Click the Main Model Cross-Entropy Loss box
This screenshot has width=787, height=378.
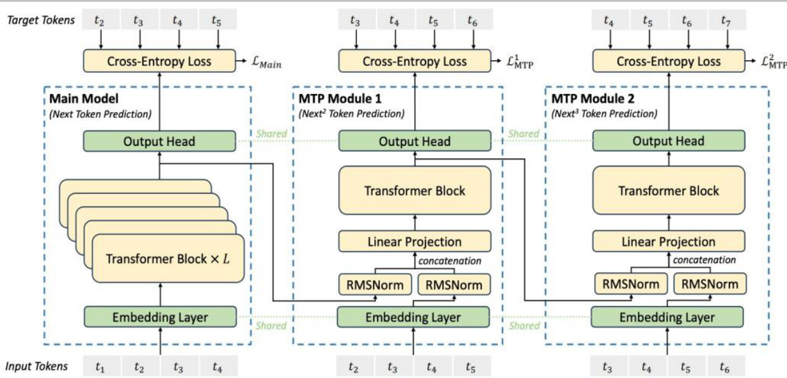[159, 62]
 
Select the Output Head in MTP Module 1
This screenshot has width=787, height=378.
[415, 141]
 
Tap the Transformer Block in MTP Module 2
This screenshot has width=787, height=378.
[669, 191]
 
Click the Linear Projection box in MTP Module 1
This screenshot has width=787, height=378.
[415, 242]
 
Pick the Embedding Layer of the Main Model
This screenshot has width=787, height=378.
[160, 316]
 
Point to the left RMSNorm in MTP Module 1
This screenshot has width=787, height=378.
[374, 284]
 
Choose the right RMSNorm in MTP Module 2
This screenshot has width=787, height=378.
[710, 284]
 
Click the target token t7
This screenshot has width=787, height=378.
[726, 20]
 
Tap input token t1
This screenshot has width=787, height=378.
[100, 366]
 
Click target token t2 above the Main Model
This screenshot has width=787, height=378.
[100, 20]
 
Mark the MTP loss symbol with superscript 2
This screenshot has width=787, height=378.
[774, 62]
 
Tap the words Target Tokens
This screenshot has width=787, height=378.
[40, 20]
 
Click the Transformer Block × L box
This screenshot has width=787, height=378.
[169, 259]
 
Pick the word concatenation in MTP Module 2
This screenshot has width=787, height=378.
[703, 260]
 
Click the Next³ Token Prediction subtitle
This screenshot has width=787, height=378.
[604, 114]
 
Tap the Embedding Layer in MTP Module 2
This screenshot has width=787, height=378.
[667, 316]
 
